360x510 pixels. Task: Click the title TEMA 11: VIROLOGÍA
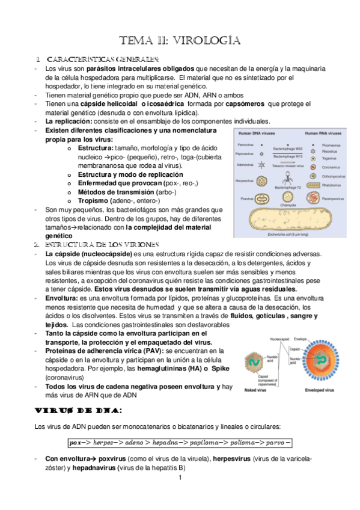(x=181, y=41)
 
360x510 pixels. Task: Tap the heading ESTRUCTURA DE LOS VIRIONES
(x=102, y=245)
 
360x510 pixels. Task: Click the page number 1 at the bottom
(x=180, y=478)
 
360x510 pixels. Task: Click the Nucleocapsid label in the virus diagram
(x=282, y=340)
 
